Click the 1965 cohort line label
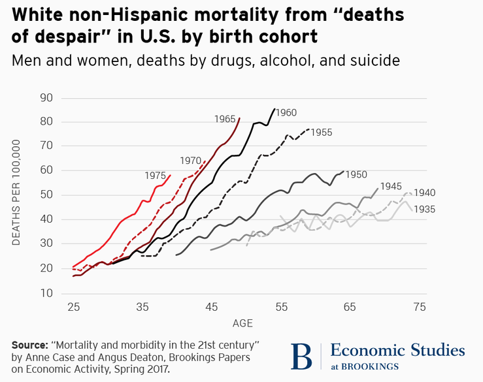[x=224, y=119]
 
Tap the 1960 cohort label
[x=286, y=112]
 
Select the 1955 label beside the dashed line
[x=321, y=132]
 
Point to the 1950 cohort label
[x=356, y=174]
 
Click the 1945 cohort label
[x=391, y=186]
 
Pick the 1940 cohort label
[x=425, y=193]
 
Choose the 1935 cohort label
[x=425, y=209]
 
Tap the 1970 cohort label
[x=190, y=160]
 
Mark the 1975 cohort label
[x=156, y=176]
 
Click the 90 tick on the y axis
[x=46, y=98]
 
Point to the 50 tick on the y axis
[x=46, y=195]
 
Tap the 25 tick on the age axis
[x=73, y=307]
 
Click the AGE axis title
[x=242, y=323]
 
